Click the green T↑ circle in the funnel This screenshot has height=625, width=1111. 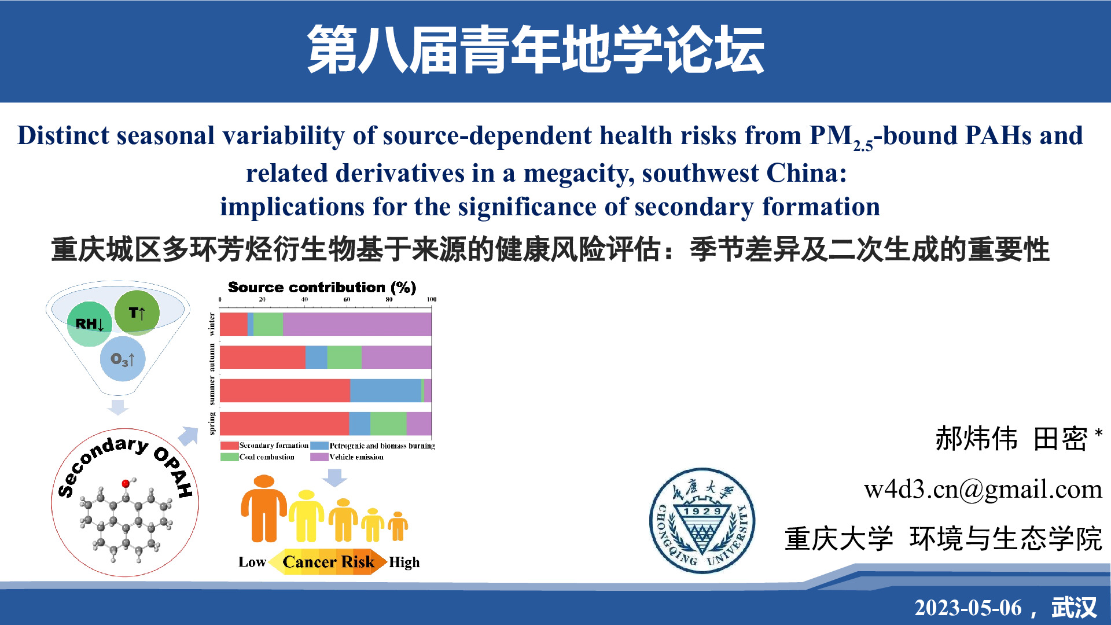coord(137,313)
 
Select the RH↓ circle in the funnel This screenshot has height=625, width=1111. coord(90,324)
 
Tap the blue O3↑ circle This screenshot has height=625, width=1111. coord(123,359)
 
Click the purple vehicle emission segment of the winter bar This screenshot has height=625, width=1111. coord(357,324)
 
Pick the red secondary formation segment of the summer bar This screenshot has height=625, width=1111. coord(285,391)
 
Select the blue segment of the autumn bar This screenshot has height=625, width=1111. coord(316,357)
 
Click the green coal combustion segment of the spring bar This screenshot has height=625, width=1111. coord(388,424)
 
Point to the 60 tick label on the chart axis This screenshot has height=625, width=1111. coord(347,299)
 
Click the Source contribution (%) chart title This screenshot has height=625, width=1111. coord(322,288)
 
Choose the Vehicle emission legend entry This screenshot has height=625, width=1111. coord(347,457)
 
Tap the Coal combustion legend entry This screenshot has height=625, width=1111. coord(257,457)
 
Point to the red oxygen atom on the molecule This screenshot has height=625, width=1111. coord(126,484)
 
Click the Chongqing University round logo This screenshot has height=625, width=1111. coord(702,521)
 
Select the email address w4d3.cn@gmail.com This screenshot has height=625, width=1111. coord(983,490)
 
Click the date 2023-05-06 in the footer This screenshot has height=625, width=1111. coord(968,608)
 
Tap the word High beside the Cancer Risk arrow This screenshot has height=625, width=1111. coord(404,562)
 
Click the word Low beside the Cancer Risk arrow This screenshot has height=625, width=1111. coord(252,562)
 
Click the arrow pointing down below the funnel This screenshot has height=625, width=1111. coord(117,407)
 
